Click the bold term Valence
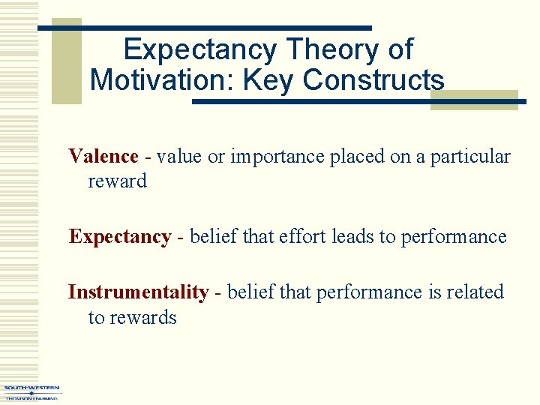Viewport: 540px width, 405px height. click(x=103, y=157)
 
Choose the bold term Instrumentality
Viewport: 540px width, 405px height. click(x=138, y=292)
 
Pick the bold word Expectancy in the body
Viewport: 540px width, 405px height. click(x=120, y=237)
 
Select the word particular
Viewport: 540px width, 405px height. click(x=470, y=157)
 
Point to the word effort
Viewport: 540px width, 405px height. click(x=301, y=237)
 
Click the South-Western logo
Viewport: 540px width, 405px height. click(x=31, y=392)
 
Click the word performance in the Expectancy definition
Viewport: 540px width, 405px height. click(x=454, y=238)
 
